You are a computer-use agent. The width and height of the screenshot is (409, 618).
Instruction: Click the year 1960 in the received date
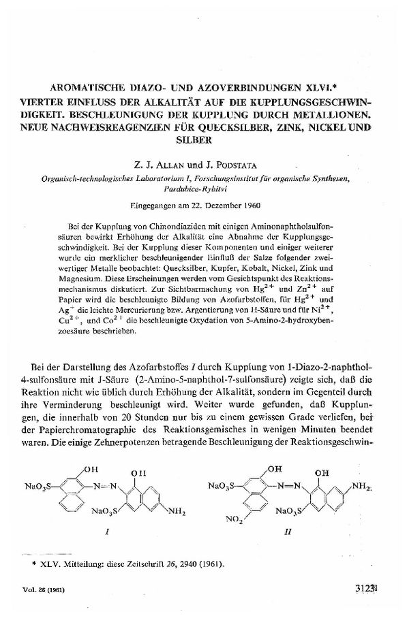[x=254, y=204]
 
